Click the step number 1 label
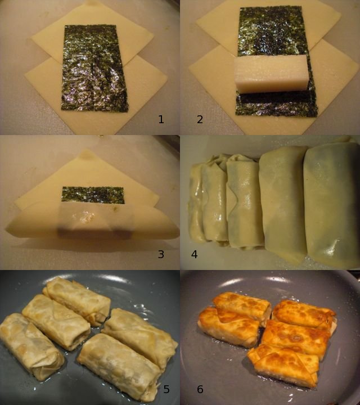pos(161,119)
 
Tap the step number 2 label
pos(200,119)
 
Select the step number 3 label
pos(161,254)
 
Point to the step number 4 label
pos(195,254)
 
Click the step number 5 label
pos(166,389)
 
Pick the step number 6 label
pos(200,389)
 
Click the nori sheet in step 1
pos(94,69)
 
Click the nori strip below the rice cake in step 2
pos(276,104)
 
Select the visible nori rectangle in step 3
pos(93,195)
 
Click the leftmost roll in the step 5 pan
pos(31,346)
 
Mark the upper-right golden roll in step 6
pos(304,314)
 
